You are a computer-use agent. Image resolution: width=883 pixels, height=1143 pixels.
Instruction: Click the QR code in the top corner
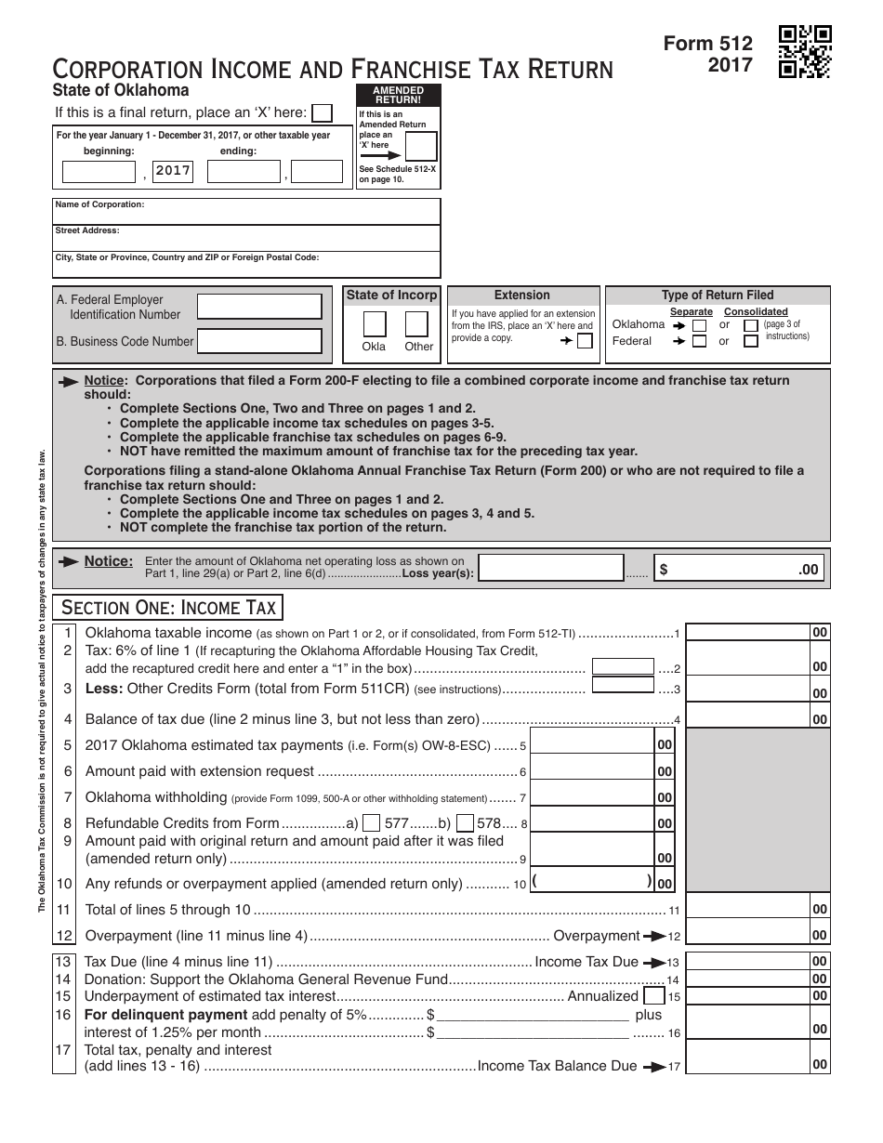[x=805, y=52]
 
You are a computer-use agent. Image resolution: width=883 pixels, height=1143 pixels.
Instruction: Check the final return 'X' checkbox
[x=322, y=112]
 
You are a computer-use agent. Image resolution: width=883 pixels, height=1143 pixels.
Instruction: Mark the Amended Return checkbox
[x=421, y=147]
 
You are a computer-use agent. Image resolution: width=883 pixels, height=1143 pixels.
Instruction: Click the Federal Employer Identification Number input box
[x=260, y=307]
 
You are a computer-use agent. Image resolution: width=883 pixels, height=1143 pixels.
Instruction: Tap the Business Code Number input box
[x=260, y=341]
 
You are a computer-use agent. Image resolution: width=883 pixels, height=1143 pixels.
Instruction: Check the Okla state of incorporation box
[x=374, y=323]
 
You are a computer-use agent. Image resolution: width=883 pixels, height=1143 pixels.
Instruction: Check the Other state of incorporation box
[x=417, y=323]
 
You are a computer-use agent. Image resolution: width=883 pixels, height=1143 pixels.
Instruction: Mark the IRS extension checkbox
[x=585, y=341]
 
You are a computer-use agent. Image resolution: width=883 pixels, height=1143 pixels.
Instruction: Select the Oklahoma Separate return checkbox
[x=699, y=326]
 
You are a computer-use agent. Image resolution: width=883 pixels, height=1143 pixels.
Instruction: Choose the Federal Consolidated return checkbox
[x=750, y=341]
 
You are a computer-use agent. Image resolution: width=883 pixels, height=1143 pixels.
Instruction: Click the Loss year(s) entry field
[x=549, y=569]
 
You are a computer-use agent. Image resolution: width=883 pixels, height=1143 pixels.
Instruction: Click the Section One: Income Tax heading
[x=168, y=608]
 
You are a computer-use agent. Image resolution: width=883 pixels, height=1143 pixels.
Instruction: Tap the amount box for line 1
[x=747, y=633]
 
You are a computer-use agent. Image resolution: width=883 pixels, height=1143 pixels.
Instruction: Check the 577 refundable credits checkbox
[x=371, y=822]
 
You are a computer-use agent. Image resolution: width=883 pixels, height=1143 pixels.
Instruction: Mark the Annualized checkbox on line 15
[x=653, y=995]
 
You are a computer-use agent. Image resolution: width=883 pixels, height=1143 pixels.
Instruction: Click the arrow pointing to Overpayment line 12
[x=655, y=936]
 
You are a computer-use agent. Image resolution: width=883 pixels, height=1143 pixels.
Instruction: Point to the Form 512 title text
[x=708, y=44]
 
